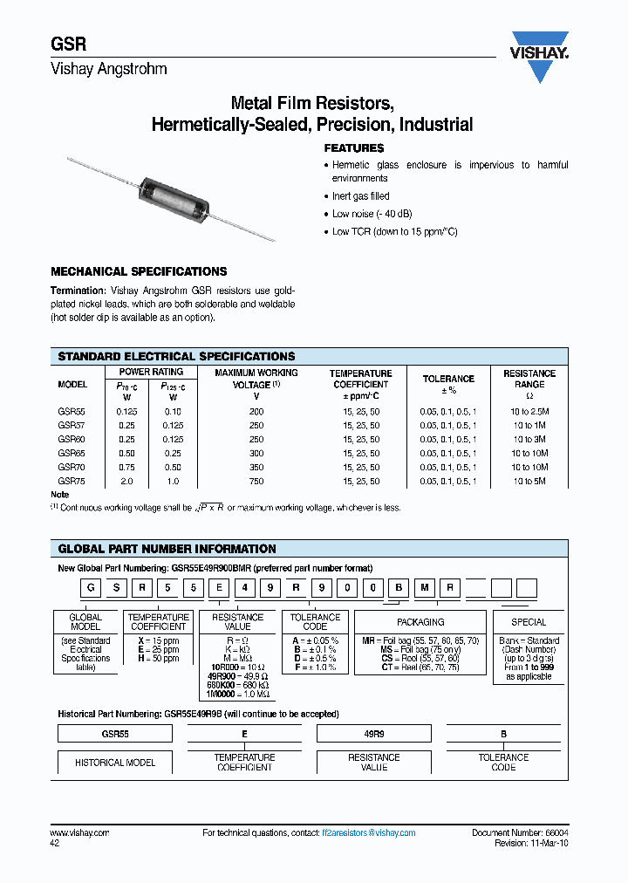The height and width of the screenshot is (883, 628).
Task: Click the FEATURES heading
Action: click(x=354, y=148)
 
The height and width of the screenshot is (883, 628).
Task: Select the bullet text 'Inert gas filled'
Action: click(x=361, y=196)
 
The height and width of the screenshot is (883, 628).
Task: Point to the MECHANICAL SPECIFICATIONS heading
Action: click(x=139, y=271)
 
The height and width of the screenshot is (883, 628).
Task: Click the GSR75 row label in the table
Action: click(x=72, y=481)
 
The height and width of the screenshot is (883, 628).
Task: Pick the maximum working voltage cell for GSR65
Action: click(x=256, y=453)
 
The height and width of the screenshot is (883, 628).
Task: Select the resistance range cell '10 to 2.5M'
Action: click(x=529, y=411)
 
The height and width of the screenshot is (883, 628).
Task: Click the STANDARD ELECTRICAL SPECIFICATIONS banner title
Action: click(x=176, y=356)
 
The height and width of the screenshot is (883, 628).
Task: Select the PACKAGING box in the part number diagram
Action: click(x=420, y=622)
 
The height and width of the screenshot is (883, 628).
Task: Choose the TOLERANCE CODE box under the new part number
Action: click(x=315, y=622)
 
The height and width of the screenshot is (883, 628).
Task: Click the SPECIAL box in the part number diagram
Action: click(x=529, y=622)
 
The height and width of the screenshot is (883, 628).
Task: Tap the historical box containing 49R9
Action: click(x=373, y=734)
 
